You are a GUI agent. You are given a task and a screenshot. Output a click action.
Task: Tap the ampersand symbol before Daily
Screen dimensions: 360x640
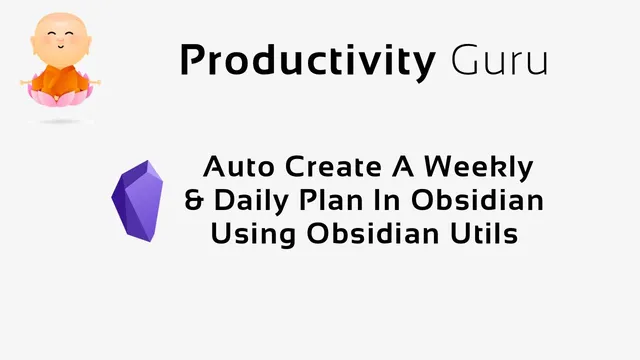point(195,200)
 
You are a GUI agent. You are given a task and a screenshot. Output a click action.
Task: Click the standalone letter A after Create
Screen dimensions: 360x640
point(400,166)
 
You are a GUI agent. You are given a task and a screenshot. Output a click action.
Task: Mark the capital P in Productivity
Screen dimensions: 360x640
point(192,61)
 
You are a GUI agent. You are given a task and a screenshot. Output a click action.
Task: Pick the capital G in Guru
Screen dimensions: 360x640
point(463,61)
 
